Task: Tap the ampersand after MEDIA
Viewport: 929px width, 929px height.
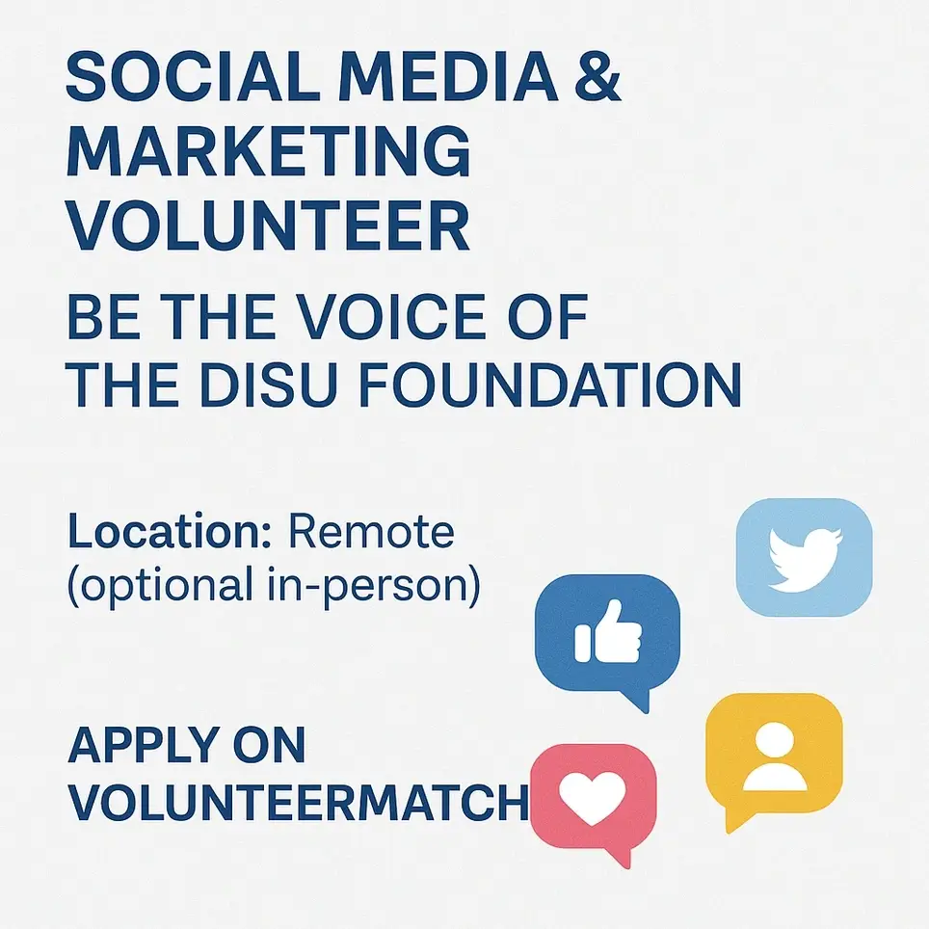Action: [592, 78]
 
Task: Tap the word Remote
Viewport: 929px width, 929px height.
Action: [371, 532]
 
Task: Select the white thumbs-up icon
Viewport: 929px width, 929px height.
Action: [606, 636]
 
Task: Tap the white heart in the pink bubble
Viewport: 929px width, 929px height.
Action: [593, 797]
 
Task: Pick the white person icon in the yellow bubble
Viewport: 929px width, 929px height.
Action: [774, 756]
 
